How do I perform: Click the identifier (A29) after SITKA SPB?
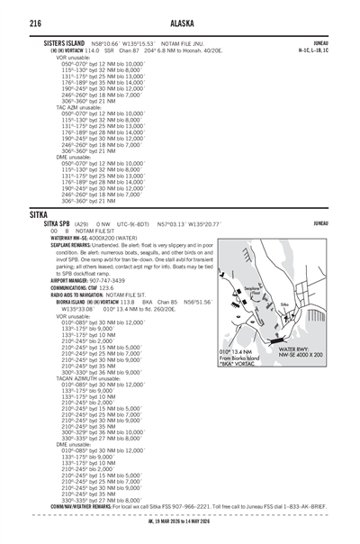click(x=82, y=223)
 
